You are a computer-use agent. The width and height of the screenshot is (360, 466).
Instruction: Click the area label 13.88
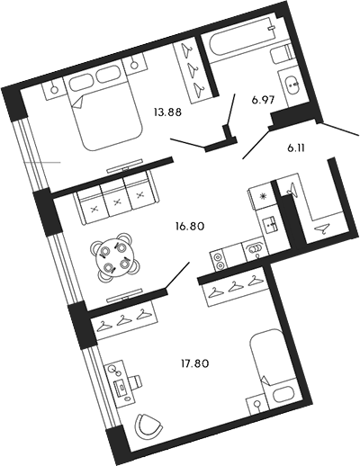(x=167, y=112)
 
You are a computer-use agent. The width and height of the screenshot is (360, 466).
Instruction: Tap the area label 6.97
(x=264, y=100)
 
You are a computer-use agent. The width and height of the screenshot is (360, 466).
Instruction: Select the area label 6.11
(x=296, y=148)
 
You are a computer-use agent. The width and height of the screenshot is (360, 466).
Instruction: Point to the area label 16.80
(x=190, y=226)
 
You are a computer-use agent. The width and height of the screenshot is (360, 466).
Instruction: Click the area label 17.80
(x=193, y=363)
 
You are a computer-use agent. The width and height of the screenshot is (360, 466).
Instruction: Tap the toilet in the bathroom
(x=283, y=54)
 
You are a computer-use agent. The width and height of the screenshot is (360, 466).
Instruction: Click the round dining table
(x=112, y=256)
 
